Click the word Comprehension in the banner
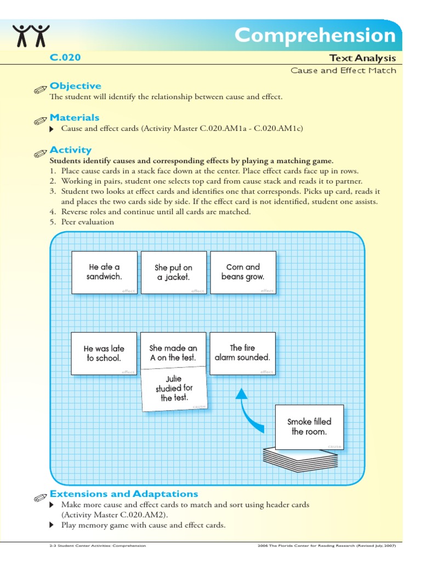[x=315, y=36]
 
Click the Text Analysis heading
[x=362, y=58]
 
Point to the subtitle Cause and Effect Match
[x=343, y=70]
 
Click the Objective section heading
[x=75, y=86]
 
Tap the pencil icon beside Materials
[x=40, y=120]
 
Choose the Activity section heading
[x=70, y=150]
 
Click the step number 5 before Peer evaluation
[x=53, y=222]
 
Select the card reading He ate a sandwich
[x=104, y=272]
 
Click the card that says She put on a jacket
[x=174, y=272]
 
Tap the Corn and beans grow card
[x=243, y=272]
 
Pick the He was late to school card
[x=104, y=353]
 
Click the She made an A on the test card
[x=174, y=351]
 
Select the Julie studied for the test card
[x=174, y=390]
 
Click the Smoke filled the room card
[x=310, y=427]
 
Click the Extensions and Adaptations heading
[x=124, y=494]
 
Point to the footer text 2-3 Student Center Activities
[x=98, y=546]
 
